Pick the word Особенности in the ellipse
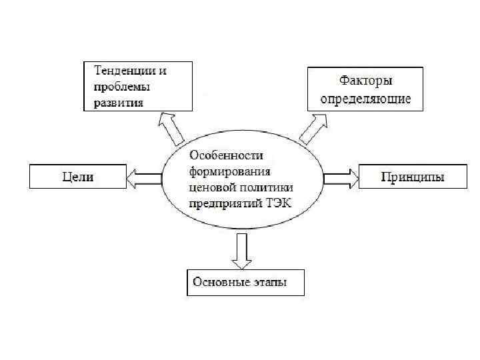tap(223, 155)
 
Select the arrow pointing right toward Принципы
tap(341, 178)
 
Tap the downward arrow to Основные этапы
tap(240, 251)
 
